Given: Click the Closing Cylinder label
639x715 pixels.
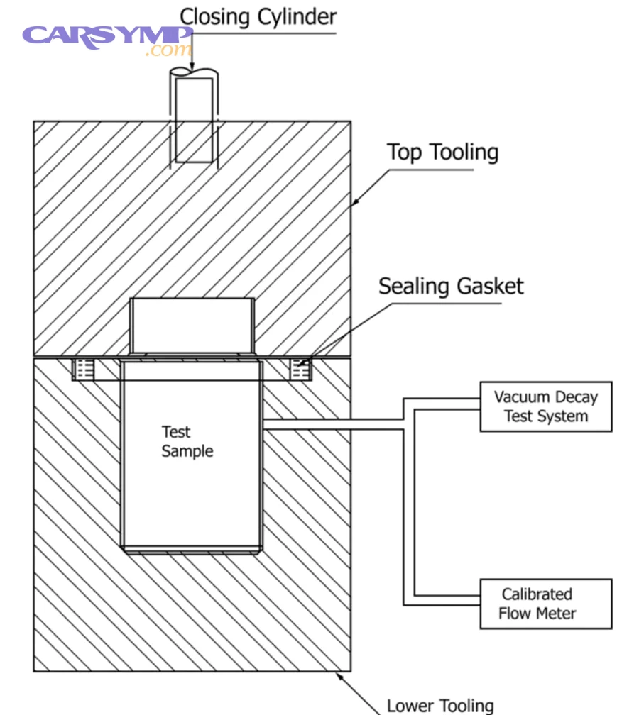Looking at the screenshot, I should pyautogui.click(x=258, y=16).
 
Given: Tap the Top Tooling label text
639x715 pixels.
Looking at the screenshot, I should pyautogui.click(x=442, y=153).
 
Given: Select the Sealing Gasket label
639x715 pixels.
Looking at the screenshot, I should pyautogui.click(x=450, y=287).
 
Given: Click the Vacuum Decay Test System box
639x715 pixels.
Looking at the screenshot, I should pyautogui.click(x=545, y=406).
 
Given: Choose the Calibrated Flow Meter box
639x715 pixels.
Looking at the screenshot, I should pyautogui.click(x=545, y=604).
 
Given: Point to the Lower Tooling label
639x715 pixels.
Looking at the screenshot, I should pyautogui.click(x=439, y=705).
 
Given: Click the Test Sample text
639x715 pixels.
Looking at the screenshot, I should pyautogui.click(x=187, y=441).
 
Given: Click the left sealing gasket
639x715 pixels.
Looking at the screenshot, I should pyautogui.click(x=85, y=369).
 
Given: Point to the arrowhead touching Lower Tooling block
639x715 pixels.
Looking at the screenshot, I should pyautogui.click(x=339, y=675).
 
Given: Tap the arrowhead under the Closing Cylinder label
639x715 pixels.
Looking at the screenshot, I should pyautogui.click(x=192, y=67).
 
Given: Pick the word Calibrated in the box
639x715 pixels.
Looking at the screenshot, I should pyautogui.click(x=537, y=594).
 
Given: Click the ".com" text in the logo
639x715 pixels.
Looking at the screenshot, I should pyautogui.click(x=168, y=50).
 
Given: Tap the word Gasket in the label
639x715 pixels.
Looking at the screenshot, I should pyautogui.click(x=489, y=287).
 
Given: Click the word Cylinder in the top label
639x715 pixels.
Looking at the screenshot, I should pyautogui.click(x=296, y=16).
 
